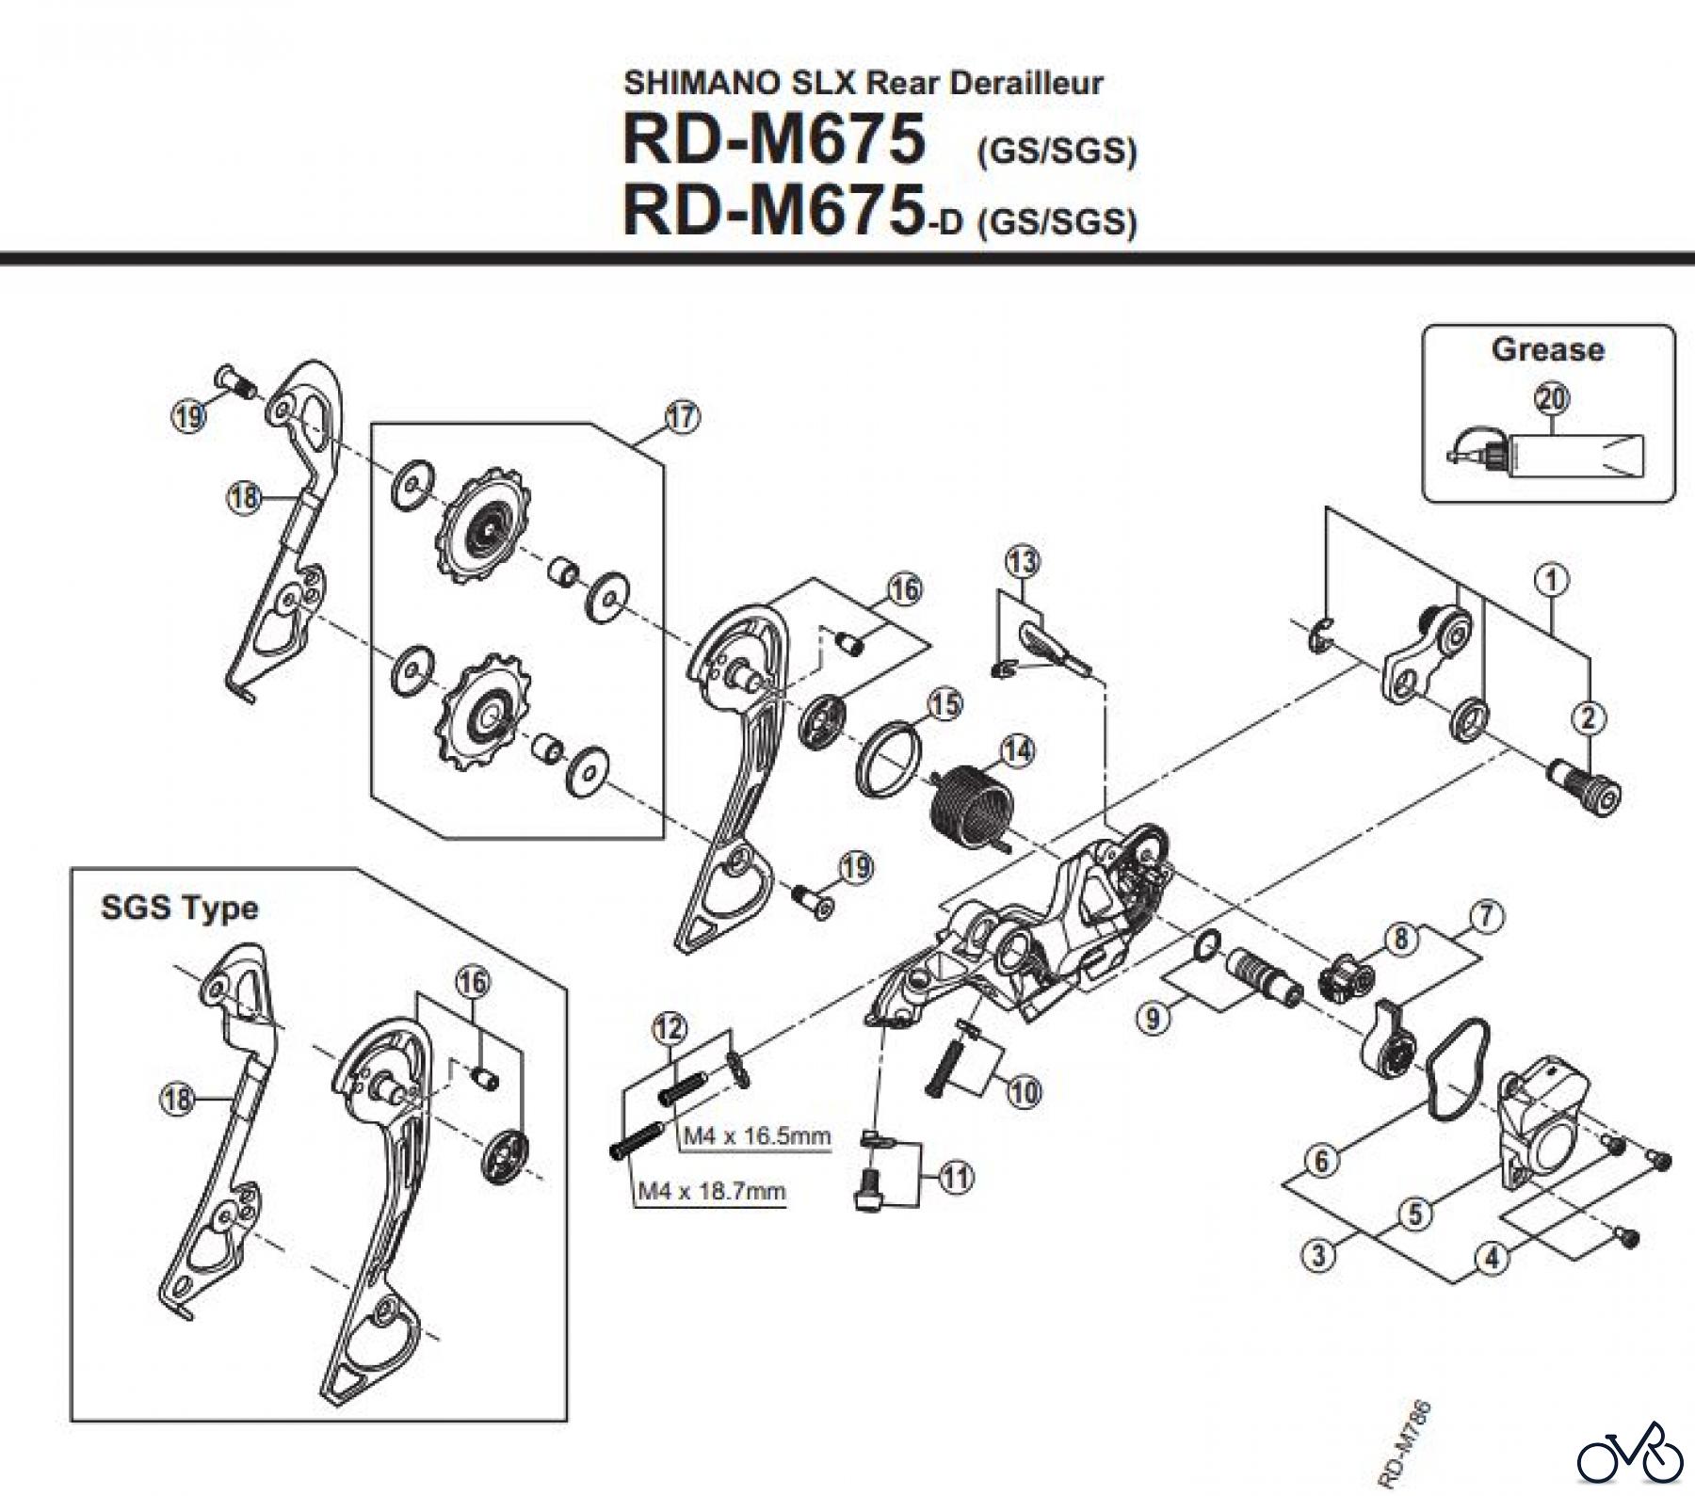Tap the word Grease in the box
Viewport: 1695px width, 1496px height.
pyautogui.click(x=1547, y=349)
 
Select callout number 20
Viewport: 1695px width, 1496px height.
pyautogui.click(x=1552, y=399)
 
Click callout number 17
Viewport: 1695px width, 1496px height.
pyautogui.click(x=683, y=416)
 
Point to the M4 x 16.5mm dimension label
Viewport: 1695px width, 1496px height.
pyautogui.click(x=757, y=1135)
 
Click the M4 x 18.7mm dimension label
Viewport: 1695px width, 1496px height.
pyautogui.click(x=712, y=1191)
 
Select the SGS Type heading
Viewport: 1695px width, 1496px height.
pyautogui.click(x=179, y=909)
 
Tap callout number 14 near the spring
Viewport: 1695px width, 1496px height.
pyautogui.click(x=1017, y=751)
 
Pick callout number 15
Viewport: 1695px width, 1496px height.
pyautogui.click(x=945, y=703)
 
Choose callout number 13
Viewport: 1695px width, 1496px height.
pyautogui.click(x=1023, y=562)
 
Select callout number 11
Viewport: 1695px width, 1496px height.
pyautogui.click(x=957, y=1177)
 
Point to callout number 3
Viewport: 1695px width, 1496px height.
pyautogui.click(x=1319, y=1255)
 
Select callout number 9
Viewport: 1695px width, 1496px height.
pyautogui.click(x=1152, y=1018)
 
